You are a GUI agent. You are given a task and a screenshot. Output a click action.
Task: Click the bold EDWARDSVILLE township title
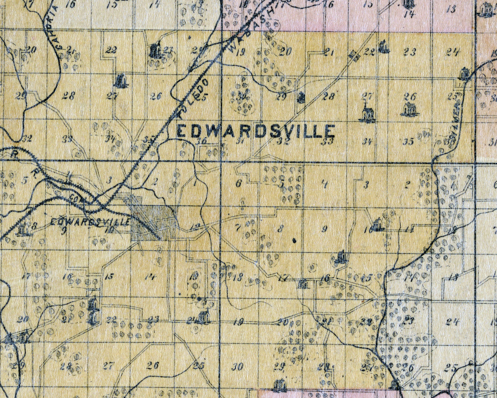(x=256, y=131)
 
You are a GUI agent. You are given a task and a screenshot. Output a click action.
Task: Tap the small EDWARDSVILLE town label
(x=90, y=222)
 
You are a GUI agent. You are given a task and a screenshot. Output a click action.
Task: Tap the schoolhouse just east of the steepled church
(x=409, y=109)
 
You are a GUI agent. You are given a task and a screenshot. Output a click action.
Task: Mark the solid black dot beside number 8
(x=294, y=241)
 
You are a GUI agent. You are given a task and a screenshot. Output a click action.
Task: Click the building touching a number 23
(x=155, y=51)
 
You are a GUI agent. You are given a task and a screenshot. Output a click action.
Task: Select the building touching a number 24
(x=203, y=317)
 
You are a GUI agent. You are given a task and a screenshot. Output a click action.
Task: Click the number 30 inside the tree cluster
(x=242, y=97)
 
